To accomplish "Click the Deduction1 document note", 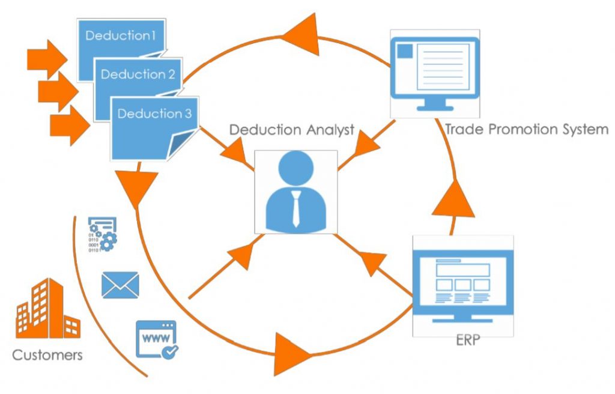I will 120,36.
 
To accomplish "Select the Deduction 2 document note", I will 138,75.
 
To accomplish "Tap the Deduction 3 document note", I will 154,114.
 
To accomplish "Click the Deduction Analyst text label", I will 292,130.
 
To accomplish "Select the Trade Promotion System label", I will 526,129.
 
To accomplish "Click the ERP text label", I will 464,342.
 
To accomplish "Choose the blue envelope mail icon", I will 120,285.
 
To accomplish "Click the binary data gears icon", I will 102,235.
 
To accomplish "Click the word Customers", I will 47,354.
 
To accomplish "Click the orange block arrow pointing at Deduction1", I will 47,59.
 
